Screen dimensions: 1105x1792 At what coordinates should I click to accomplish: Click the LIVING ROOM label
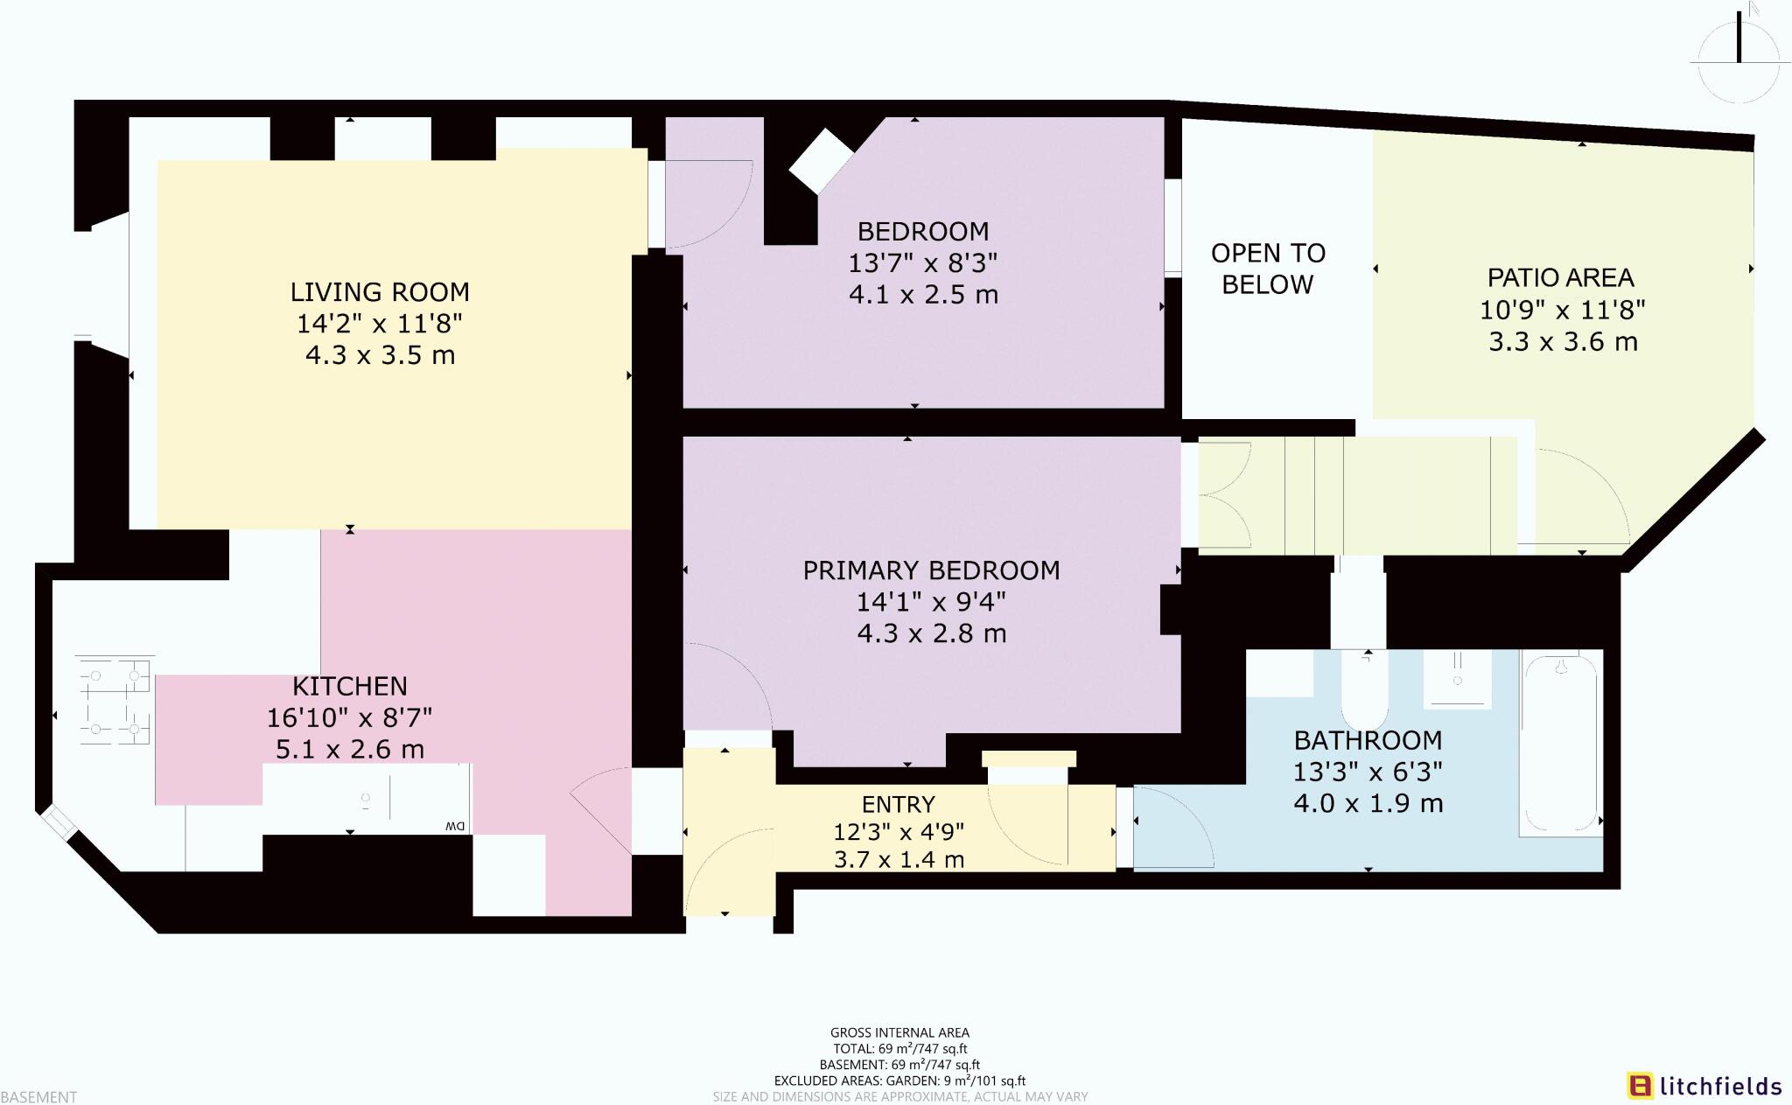[x=380, y=292]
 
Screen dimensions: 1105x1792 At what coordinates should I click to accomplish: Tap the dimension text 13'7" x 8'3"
[x=922, y=262]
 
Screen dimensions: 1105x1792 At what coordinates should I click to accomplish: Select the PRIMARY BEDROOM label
[x=931, y=570]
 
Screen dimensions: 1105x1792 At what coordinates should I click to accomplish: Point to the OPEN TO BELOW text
[x=1268, y=269]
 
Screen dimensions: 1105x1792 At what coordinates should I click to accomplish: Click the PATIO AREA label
[x=1561, y=278]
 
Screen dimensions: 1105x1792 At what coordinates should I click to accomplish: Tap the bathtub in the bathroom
[x=1561, y=744]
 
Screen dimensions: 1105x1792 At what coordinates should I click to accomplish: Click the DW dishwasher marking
[x=454, y=826]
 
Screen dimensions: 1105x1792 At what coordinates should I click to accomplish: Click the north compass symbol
[x=1739, y=52]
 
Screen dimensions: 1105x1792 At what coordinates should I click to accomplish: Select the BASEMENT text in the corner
[x=39, y=1096]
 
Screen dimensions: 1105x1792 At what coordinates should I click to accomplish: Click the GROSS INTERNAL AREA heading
[x=899, y=1032]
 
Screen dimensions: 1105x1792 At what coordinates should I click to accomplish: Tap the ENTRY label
[x=898, y=804]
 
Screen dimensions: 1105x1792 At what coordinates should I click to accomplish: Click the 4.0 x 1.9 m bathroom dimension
[x=1368, y=803]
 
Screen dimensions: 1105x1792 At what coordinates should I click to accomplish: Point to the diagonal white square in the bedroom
[x=821, y=161]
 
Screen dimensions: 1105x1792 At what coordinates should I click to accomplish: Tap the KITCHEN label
[x=349, y=686]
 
